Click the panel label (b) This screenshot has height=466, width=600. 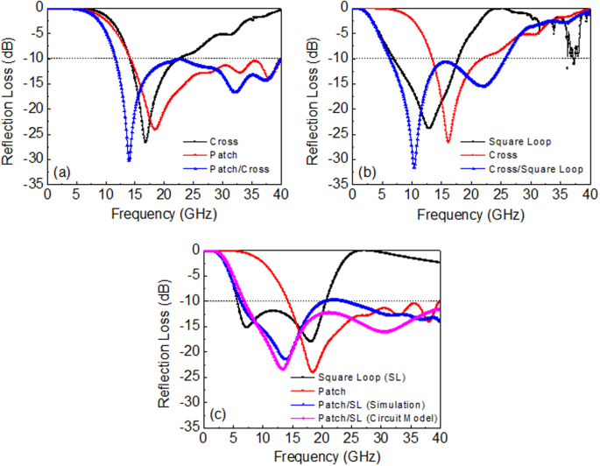pyautogui.click(x=369, y=172)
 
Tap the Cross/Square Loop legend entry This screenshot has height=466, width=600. pyautogui.click(x=536, y=166)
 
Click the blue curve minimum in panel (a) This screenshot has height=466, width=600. pyautogui.click(x=129, y=160)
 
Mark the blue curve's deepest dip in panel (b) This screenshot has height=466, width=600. pyautogui.click(x=413, y=166)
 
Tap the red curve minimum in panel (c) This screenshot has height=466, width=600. pyautogui.click(x=312, y=371)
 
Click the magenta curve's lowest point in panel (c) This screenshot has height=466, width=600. pyautogui.click(x=282, y=368)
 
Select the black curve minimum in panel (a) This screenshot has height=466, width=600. pyautogui.click(x=145, y=141)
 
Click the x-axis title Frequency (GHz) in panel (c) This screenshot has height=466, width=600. pyautogui.click(x=322, y=456)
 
